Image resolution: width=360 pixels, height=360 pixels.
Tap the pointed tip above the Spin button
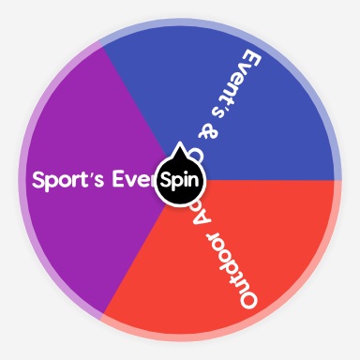(179, 147)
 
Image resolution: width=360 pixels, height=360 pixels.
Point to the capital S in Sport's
(39, 180)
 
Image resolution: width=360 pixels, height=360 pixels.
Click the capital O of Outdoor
(247, 297)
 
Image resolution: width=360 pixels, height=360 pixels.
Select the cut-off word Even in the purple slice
(131, 180)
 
